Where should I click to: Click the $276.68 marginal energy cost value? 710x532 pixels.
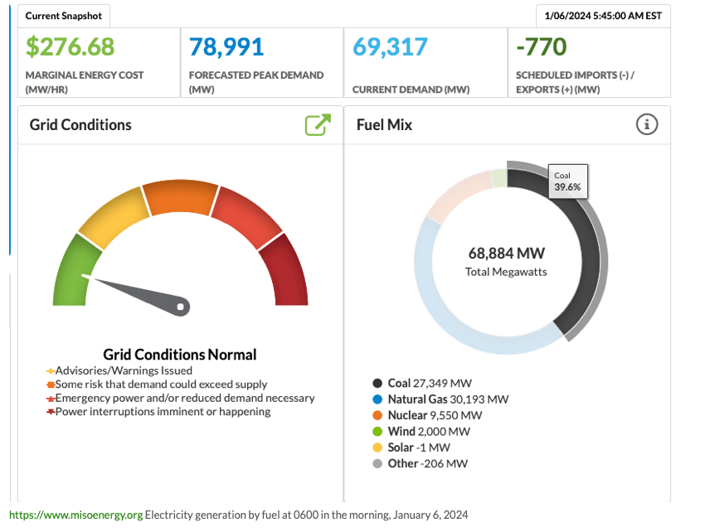[x=71, y=46]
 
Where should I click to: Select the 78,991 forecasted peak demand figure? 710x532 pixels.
[x=226, y=46]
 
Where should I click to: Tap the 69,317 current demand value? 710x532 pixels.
[x=390, y=46]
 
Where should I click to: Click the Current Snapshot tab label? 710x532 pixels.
[x=64, y=16]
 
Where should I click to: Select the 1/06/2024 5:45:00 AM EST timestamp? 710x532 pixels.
[x=603, y=16]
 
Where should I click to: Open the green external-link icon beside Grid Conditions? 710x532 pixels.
[x=318, y=124]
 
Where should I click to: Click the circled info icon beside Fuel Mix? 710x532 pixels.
[x=647, y=124]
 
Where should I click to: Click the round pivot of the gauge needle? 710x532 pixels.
[x=182, y=307]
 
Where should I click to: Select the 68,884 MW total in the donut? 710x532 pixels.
[x=506, y=254]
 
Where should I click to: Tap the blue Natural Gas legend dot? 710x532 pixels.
[x=377, y=399]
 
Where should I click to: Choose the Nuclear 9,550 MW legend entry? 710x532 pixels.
[x=434, y=414]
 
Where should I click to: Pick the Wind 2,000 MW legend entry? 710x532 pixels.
[x=428, y=431]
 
